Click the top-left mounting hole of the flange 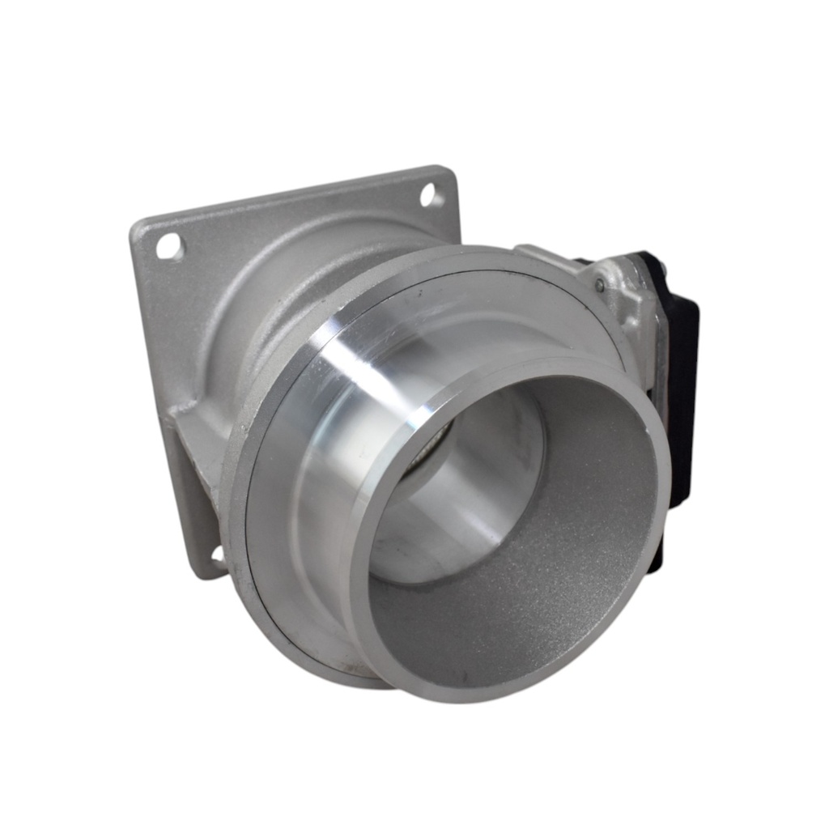coord(170,245)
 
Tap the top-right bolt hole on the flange coord(431,195)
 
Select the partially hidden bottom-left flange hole coord(217,555)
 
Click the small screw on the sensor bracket coord(600,284)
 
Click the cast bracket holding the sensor coord(623,300)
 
